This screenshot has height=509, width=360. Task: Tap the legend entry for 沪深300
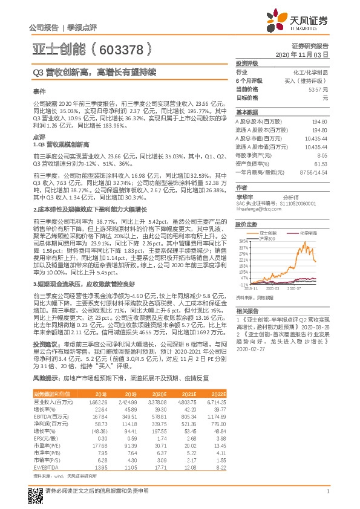[269, 237]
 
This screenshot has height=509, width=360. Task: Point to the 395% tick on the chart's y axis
[244, 241]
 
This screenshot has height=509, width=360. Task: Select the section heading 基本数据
[246, 112]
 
